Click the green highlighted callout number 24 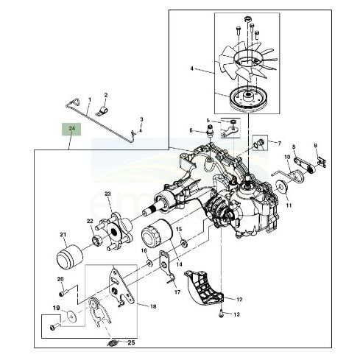(x=71, y=129)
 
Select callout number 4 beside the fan (x=192, y=68)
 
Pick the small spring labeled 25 (x=113, y=343)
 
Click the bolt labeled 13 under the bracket (x=221, y=314)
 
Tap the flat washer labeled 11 (x=281, y=188)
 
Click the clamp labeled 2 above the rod (x=102, y=111)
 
